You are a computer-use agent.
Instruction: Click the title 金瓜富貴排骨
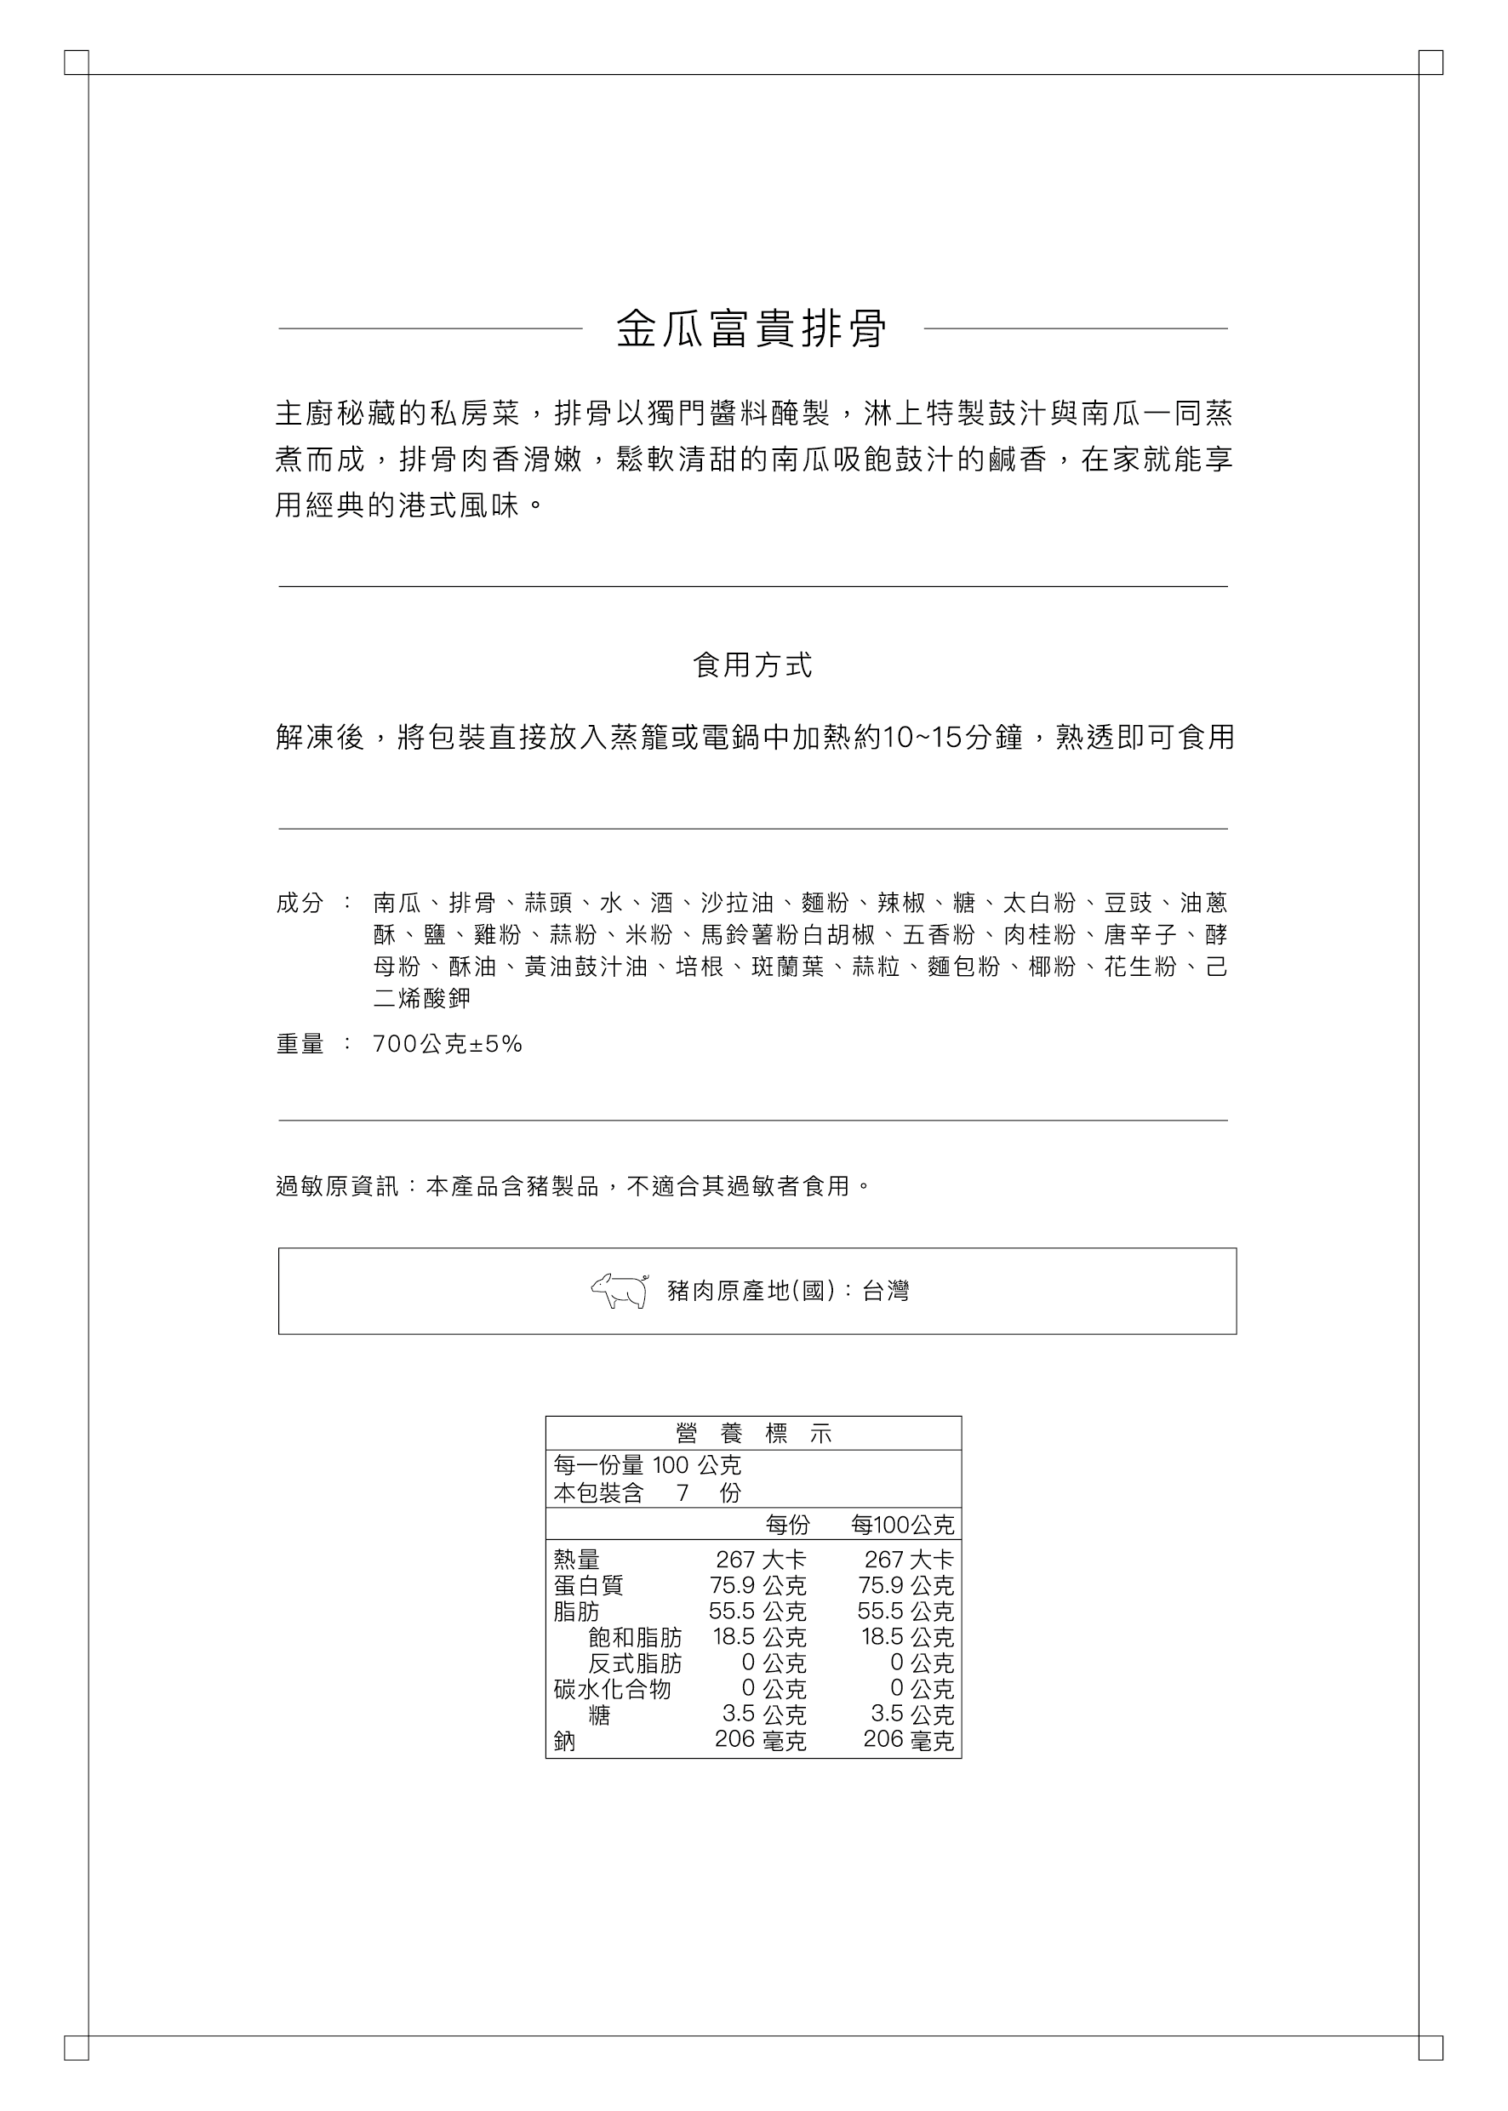point(752,328)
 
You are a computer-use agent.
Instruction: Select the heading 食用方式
point(752,665)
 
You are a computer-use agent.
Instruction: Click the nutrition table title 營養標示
point(753,1434)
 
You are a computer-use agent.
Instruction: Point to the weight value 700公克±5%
point(448,1044)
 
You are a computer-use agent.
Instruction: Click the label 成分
point(299,902)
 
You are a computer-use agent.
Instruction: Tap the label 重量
point(299,1044)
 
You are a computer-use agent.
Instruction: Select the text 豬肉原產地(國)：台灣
point(788,1292)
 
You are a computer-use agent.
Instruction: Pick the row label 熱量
point(577,1560)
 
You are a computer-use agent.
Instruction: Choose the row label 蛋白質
point(589,1585)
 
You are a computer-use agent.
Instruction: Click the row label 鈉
point(564,1742)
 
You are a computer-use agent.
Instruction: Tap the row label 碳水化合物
point(612,1690)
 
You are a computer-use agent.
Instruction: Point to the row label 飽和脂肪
point(635,1638)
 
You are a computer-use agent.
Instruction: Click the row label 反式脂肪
point(635,1663)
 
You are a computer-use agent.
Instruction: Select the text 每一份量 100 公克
point(648,1466)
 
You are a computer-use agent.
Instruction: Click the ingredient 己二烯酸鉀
point(422,998)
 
